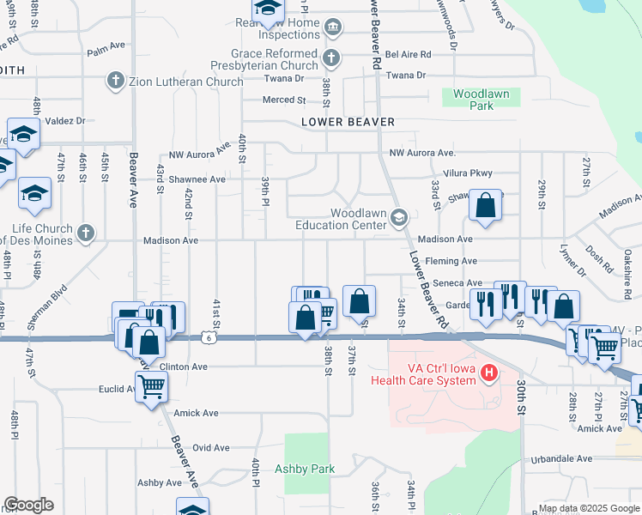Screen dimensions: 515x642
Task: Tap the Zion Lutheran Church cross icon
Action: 114,82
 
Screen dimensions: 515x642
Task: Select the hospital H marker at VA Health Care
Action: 488,372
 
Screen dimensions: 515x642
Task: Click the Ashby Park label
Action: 304,469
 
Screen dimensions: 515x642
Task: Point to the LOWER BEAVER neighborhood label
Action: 348,122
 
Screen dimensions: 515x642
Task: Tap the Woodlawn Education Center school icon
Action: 398,218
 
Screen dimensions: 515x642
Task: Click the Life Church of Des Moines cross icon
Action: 84,233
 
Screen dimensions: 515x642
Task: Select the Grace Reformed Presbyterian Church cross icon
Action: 331,58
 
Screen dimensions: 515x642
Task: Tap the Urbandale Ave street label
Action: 561,458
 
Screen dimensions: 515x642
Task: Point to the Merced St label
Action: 279,100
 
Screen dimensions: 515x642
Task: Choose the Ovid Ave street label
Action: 210,447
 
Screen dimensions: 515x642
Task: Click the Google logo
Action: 28,505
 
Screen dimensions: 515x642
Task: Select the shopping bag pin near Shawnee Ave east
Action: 485,205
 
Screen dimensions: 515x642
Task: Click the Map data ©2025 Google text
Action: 588,508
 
